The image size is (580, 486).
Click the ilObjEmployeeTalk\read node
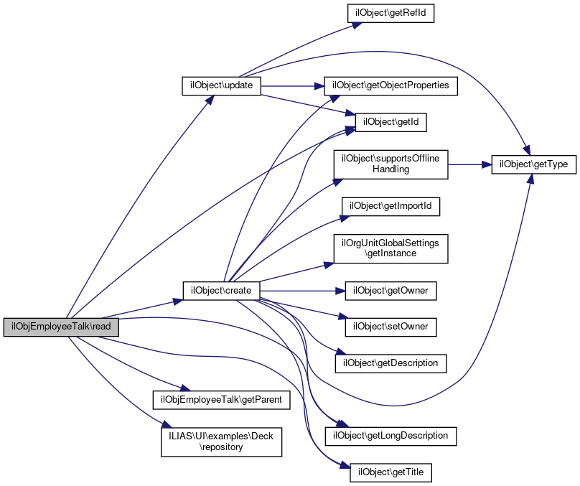(x=61, y=327)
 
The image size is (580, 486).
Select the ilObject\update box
(x=220, y=85)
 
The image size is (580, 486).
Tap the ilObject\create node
(x=221, y=291)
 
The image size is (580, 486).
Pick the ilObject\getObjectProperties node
(x=390, y=85)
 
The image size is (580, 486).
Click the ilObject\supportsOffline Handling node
(x=390, y=164)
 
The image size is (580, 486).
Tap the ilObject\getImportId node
(x=390, y=206)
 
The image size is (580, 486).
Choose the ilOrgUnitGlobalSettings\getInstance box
(x=390, y=248)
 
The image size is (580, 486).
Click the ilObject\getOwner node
(x=390, y=291)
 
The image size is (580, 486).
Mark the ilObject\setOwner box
(x=390, y=327)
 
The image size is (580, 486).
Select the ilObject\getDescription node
(x=390, y=363)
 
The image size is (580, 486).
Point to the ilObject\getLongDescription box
(x=390, y=435)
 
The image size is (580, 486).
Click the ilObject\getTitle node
(x=390, y=472)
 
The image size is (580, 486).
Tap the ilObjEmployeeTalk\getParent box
(x=220, y=399)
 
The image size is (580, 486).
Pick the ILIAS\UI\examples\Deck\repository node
(x=220, y=441)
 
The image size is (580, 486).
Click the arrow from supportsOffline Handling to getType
(x=469, y=164)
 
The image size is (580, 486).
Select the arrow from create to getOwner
(x=301, y=291)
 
